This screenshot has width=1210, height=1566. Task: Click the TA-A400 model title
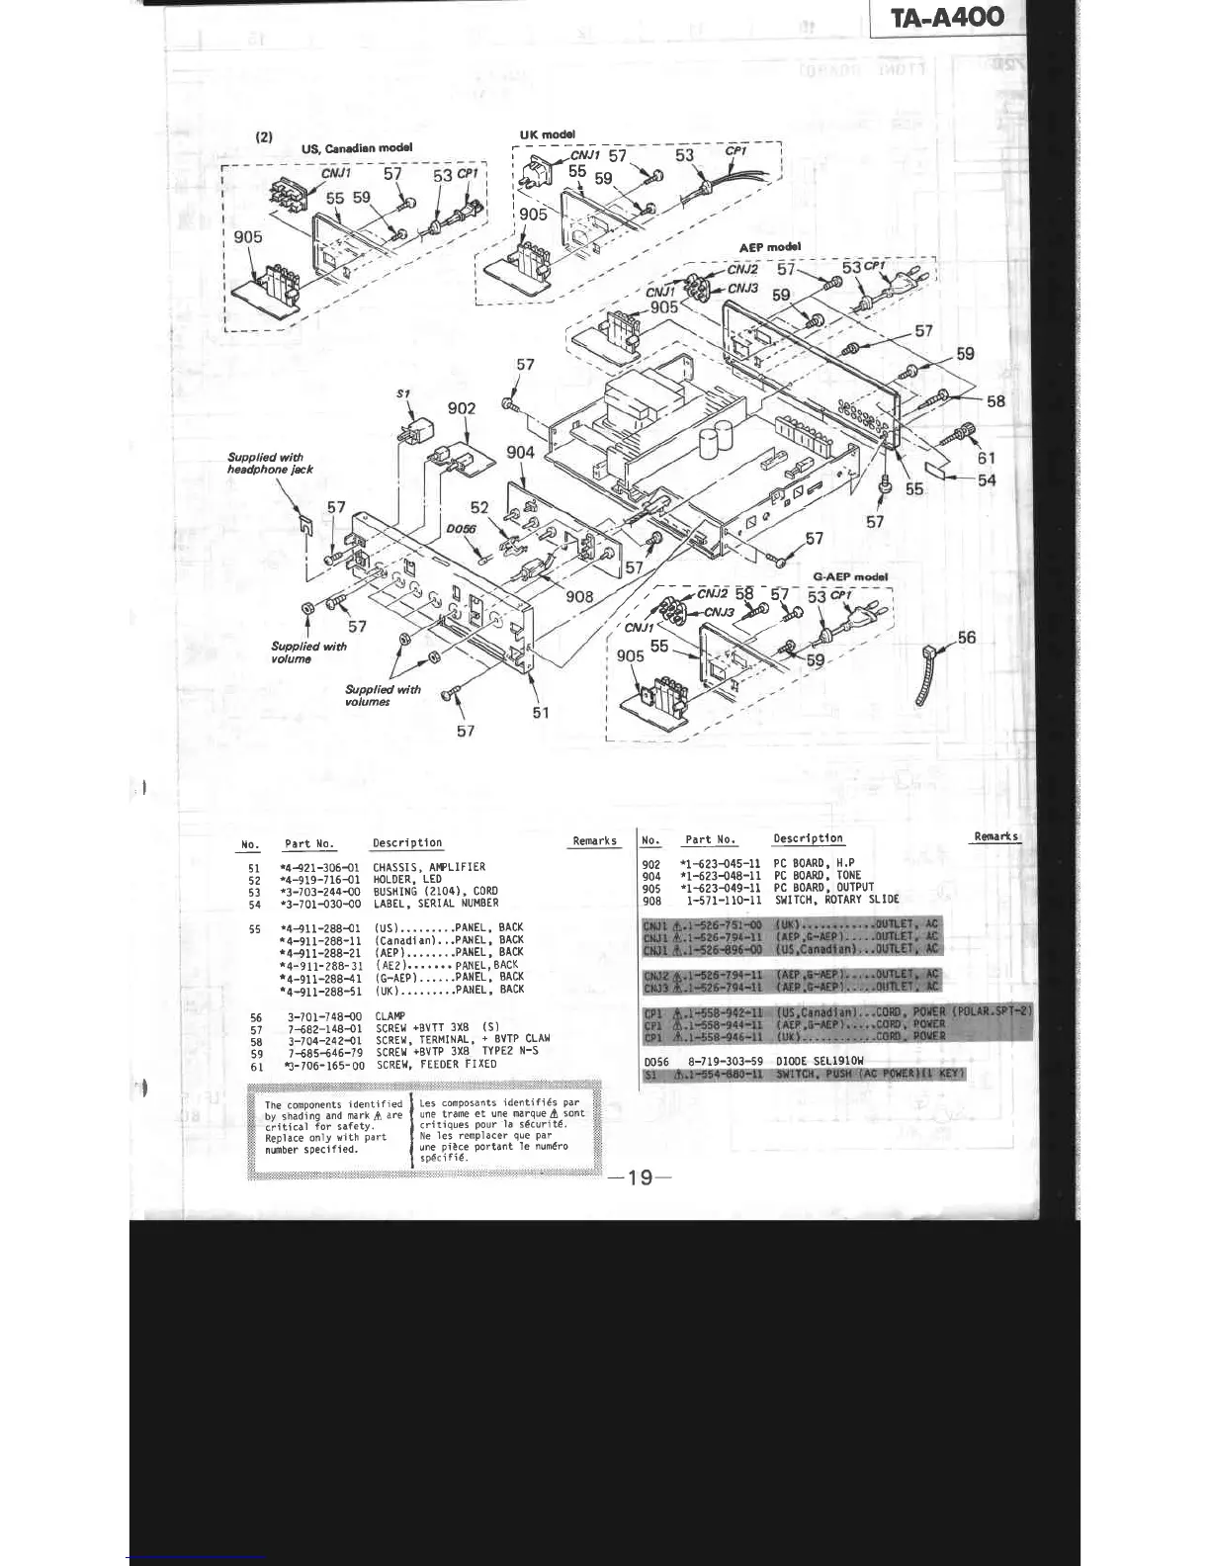click(x=947, y=17)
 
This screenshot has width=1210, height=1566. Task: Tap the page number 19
click(x=640, y=1176)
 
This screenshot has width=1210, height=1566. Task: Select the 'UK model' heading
click(x=547, y=134)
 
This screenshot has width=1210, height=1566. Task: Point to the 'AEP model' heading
click(x=769, y=247)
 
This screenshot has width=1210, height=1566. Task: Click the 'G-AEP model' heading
click(x=850, y=576)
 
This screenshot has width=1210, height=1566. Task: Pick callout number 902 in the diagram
click(x=462, y=408)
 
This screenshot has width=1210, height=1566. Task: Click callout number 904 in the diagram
click(x=520, y=452)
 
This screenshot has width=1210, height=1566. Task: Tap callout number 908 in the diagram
click(x=579, y=595)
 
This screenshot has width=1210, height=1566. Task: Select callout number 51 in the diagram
click(x=540, y=712)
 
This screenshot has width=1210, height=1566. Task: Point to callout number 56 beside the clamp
click(x=966, y=638)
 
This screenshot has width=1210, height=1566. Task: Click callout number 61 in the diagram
click(x=986, y=458)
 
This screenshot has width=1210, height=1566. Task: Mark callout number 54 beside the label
click(x=986, y=480)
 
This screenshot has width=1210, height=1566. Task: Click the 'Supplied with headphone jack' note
click(x=270, y=463)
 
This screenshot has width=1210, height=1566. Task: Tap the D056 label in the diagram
click(x=460, y=530)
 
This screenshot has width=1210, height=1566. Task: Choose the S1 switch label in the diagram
click(x=403, y=393)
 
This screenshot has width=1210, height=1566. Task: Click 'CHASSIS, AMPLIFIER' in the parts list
click(x=429, y=867)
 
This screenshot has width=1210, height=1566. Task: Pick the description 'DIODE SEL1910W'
click(x=821, y=1061)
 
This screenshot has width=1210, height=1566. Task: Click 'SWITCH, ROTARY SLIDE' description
click(x=836, y=900)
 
